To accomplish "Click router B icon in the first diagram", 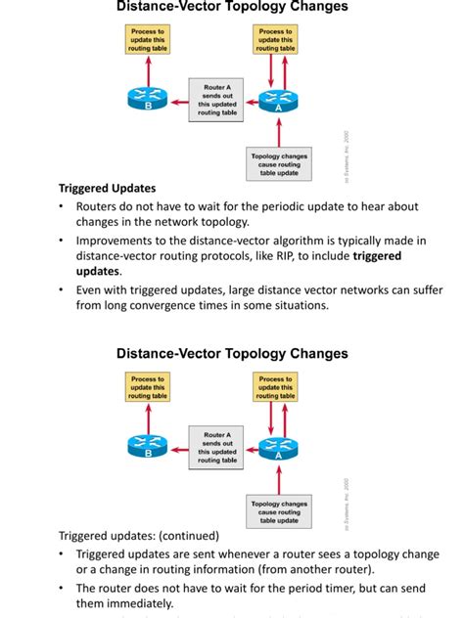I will click(x=148, y=99).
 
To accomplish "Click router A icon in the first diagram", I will click(x=280, y=99).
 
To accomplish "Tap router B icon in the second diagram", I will click(x=148, y=445).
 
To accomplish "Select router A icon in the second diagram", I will click(x=280, y=446).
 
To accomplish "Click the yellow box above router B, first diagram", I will click(x=148, y=39).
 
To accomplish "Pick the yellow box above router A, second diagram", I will click(x=276, y=386).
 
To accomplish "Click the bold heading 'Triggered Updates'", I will click(x=107, y=189).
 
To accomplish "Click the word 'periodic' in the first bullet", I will click(x=275, y=206).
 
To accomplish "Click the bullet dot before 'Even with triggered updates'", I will click(x=63, y=289).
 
